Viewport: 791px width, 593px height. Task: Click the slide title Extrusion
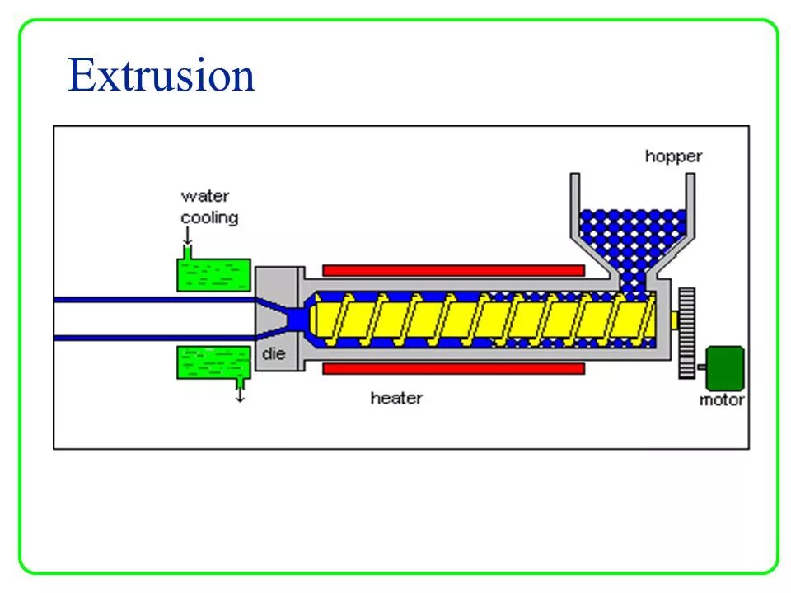pos(161,76)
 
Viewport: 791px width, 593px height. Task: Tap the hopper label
pos(672,156)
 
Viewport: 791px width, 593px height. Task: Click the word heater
pos(395,399)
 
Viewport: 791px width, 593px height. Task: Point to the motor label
pos(721,400)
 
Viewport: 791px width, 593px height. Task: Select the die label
pos(274,355)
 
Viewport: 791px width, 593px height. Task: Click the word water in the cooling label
pos(205,196)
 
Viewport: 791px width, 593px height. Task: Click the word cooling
pos(209,218)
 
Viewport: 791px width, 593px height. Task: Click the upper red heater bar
pos(453,270)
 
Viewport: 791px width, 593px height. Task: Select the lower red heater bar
pos(453,368)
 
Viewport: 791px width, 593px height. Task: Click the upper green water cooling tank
pos(214,275)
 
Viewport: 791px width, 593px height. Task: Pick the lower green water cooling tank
pos(214,362)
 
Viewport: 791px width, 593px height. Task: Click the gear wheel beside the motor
pos(686,333)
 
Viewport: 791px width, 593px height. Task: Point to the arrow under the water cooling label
pos(187,239)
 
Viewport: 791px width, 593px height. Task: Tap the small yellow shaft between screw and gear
pos(673,320)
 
